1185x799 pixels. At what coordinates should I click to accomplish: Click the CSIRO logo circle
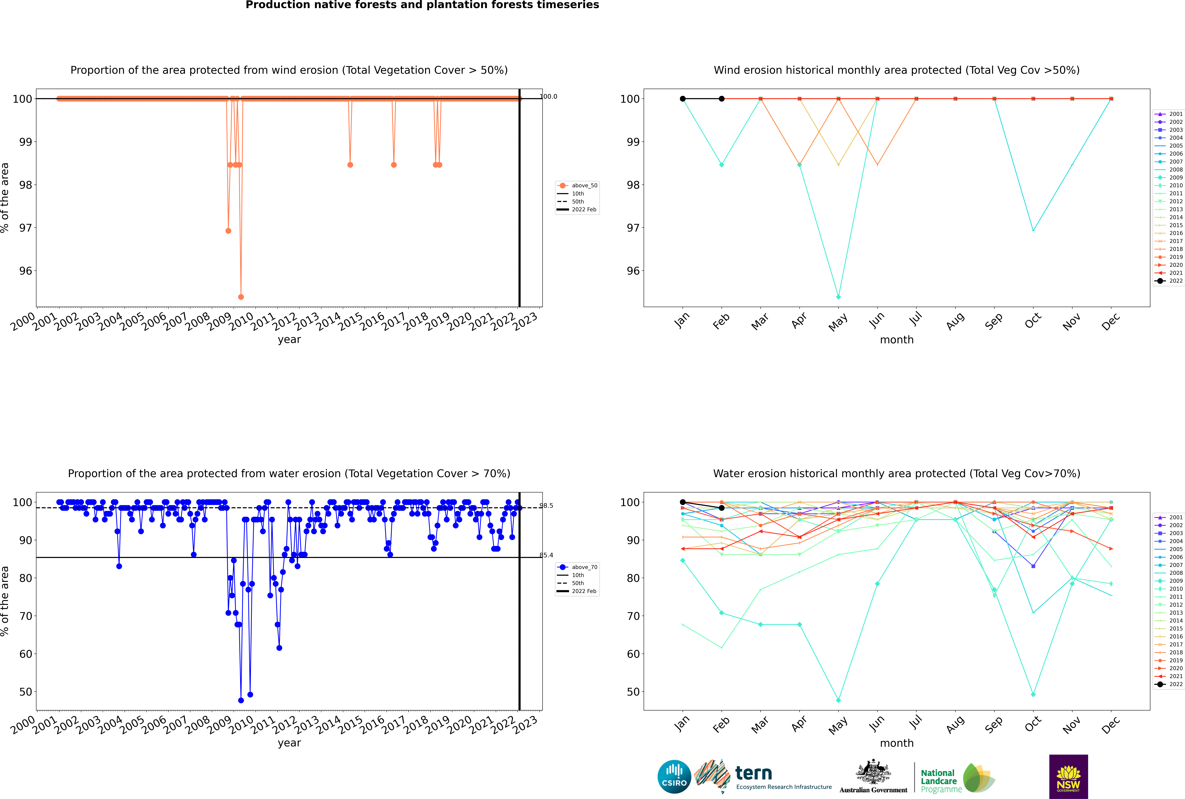(674, 777)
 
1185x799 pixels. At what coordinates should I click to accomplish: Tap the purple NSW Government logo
(1068, 776)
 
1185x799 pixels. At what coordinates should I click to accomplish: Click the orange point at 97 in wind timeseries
(228, 231)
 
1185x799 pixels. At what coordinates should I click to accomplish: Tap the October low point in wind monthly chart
(1033, 230)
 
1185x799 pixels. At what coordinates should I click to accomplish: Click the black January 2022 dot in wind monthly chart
(683, 99)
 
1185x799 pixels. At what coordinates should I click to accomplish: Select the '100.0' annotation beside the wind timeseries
(549, 96)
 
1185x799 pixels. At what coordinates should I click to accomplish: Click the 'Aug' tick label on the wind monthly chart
(955, 321)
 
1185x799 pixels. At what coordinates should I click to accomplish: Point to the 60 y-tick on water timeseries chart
(25, 654)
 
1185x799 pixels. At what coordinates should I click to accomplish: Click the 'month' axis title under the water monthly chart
(897, 743)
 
